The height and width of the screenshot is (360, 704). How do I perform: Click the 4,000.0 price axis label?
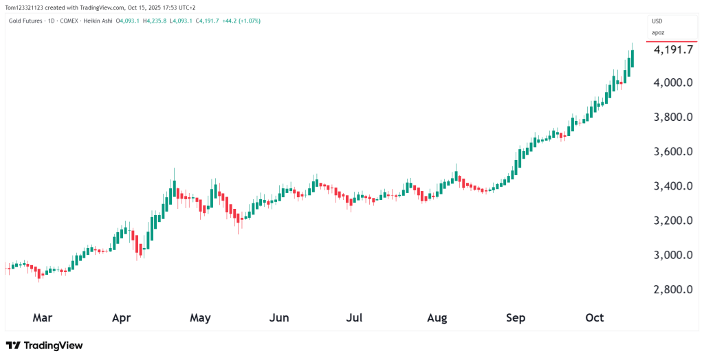click(x=673, y=82)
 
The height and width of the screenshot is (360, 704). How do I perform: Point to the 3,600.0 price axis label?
click(x=673, y=152)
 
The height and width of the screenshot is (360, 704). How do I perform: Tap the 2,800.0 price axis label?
click(x=673, y=289)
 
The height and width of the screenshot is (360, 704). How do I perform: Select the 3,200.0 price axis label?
click(x=673, y=221)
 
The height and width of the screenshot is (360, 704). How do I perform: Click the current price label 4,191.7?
click(x=673, y=50)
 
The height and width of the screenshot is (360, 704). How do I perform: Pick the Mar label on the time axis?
click(x=42, y=318)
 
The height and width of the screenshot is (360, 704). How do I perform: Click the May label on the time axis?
click(x=200, y=318)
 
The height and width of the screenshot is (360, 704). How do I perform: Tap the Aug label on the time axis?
click(x=437, y=318)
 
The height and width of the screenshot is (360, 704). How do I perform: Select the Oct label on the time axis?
click(x=594, y=318)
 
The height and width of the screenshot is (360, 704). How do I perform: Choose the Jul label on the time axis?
click(x=354, y=318)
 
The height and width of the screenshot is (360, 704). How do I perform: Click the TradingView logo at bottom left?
click(x=44, y=346)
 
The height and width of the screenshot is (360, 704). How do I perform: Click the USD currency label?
click(x=657, y=21)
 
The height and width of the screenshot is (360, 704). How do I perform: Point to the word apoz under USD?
click(x=658, y=32)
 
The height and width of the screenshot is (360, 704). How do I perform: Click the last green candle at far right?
click(x=632, y=58)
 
